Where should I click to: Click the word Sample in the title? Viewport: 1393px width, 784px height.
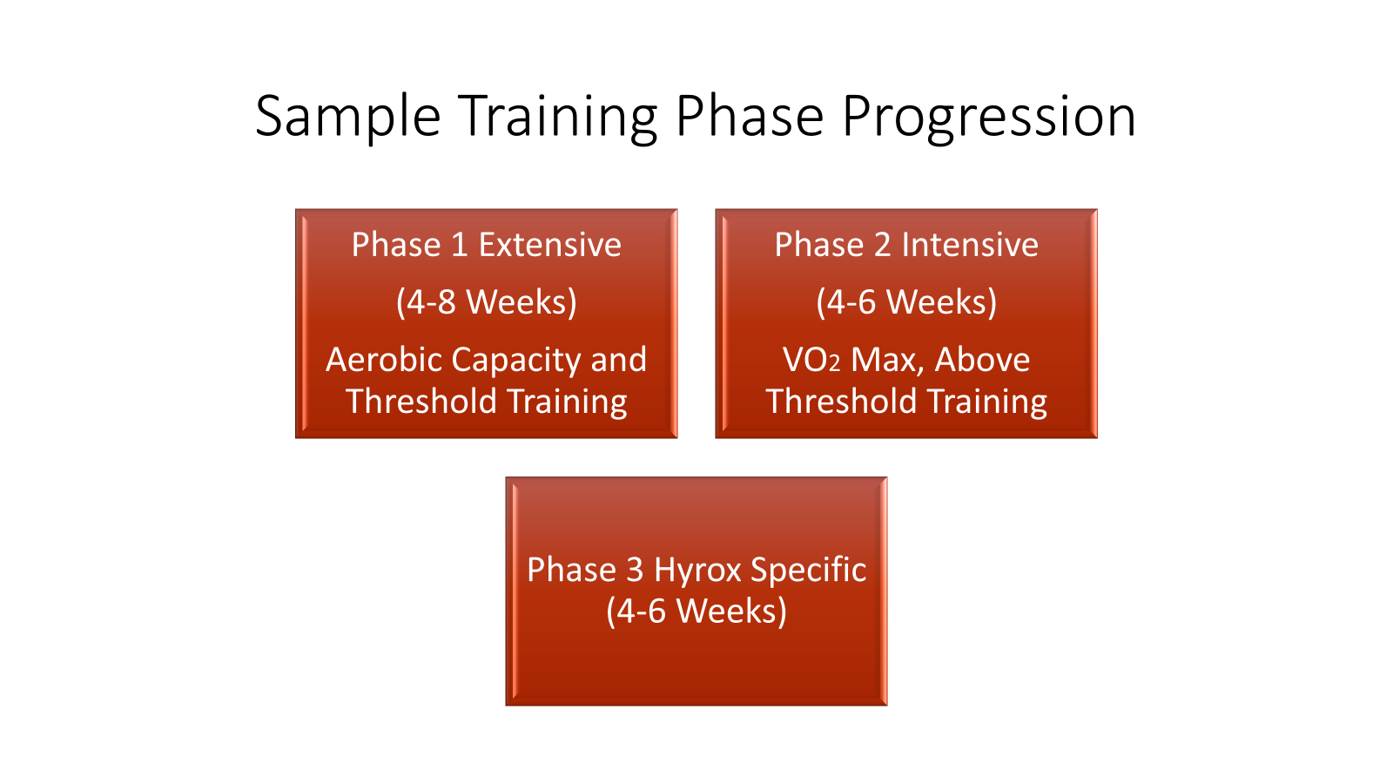[x=348, y=117]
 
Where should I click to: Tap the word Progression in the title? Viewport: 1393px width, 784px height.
[x=989, y=117]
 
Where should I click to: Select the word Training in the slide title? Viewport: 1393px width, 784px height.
[x=558, y=117]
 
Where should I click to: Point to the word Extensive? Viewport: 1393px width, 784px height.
[x=549, y=245]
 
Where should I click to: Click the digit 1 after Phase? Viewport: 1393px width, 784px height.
[x=460, y=245]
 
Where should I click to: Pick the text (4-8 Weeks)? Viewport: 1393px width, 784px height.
[x=487, y=302]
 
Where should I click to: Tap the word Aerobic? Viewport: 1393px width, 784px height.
[x=383, y=360]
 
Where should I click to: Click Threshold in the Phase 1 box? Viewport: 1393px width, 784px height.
[x=421, y=402]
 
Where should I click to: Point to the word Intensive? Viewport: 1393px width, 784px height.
[x=970, y=245]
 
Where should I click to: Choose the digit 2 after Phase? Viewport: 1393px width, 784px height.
[x=883, y=245]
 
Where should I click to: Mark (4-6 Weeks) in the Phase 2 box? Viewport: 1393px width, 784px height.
[x=906, y=302]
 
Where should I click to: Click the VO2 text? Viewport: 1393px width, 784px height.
[x=811, y=361]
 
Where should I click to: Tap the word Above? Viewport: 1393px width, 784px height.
[x=982, y=360]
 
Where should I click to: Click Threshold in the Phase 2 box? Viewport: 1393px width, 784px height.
[x=841, y=402]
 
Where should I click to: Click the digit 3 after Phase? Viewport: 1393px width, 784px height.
[x=635, y=570]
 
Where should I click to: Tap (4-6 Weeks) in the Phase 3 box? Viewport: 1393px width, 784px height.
[x=696, y=612]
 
